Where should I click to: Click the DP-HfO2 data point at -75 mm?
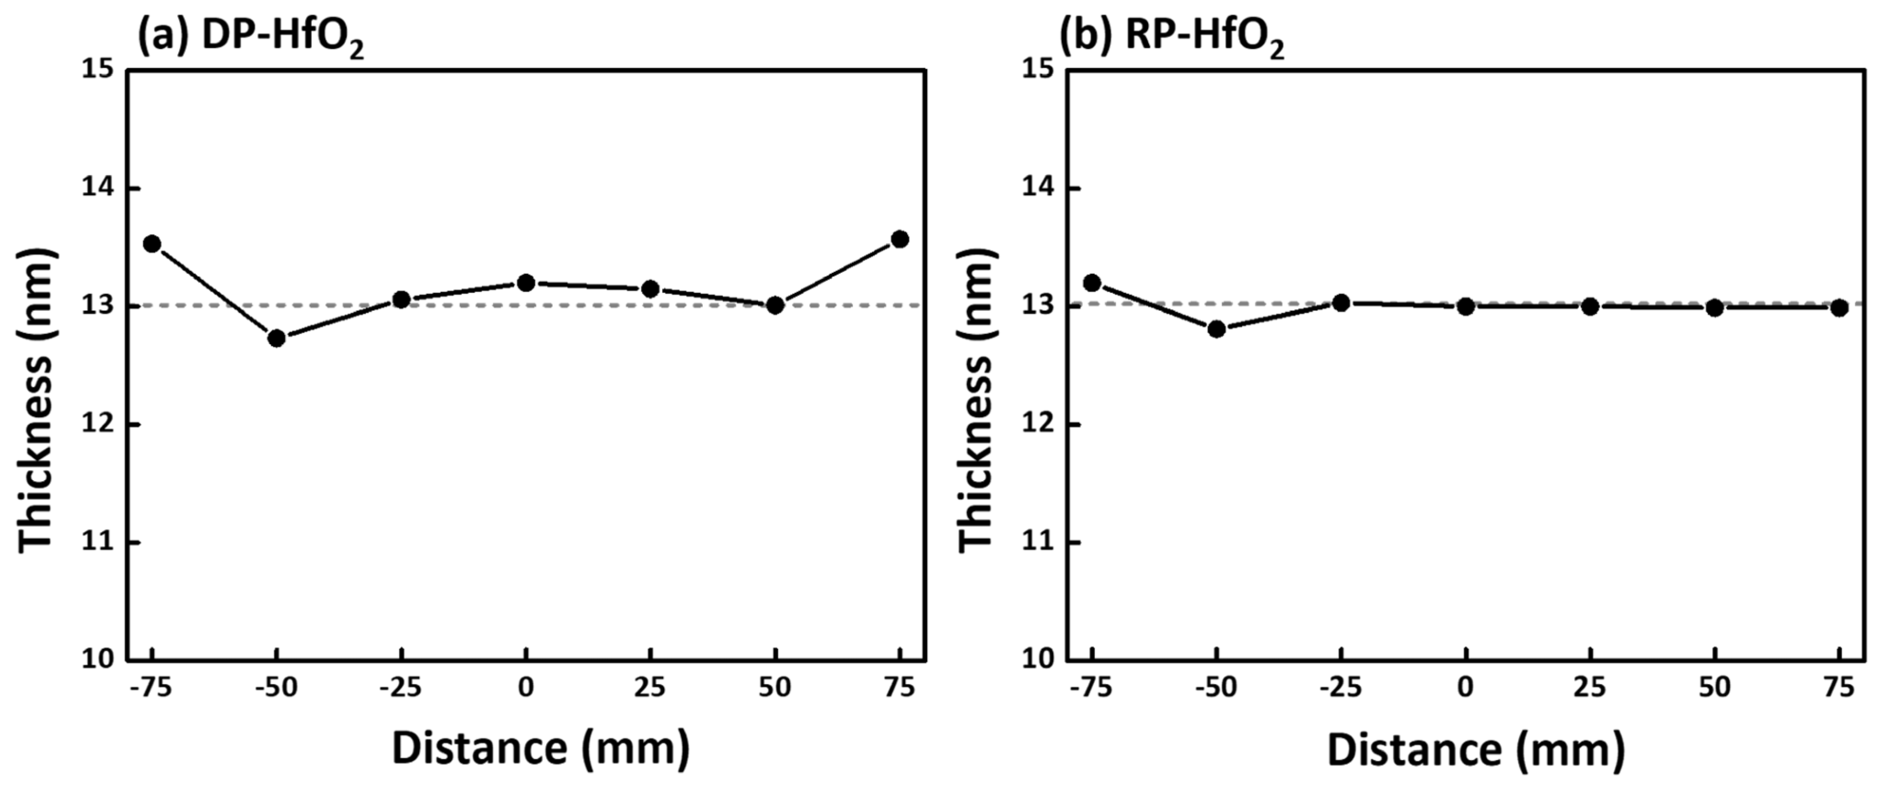click(x=152, y=244)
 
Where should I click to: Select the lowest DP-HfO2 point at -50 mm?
click(x=276, y=339)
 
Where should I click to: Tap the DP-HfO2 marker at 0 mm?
click(x=526, y=282)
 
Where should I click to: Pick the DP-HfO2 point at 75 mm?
click(x=900, y=239)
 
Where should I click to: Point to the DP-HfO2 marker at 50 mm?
click(x=775, y=305)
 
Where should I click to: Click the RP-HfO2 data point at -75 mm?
click(x=1092, y=282)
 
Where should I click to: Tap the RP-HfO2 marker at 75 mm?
click(x=1839, y=308)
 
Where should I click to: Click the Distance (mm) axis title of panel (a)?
click(x=540, y=748)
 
